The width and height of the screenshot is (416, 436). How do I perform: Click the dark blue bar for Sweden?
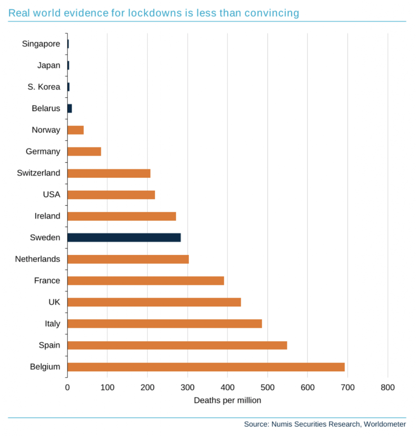124,238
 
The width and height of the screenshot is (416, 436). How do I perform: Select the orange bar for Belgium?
206,367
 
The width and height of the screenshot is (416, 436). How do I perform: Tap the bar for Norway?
75,130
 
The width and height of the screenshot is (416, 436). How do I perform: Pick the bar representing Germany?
84,152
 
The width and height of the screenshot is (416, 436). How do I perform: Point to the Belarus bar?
70,109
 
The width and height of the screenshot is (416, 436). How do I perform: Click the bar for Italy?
164,324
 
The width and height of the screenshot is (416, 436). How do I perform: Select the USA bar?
111,195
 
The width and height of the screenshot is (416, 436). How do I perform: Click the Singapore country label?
41,44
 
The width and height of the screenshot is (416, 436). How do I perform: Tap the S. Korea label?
44,87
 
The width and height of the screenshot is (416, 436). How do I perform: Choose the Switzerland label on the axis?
38,173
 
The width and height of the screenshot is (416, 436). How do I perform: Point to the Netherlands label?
37,259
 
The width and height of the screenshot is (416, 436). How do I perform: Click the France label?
47,281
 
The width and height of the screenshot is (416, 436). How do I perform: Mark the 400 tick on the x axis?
227,387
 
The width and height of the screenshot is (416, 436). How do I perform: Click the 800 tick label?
387,387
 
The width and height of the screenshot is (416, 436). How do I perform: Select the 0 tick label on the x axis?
67,387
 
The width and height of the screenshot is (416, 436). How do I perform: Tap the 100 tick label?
107,387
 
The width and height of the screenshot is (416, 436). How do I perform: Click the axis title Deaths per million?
227,401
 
